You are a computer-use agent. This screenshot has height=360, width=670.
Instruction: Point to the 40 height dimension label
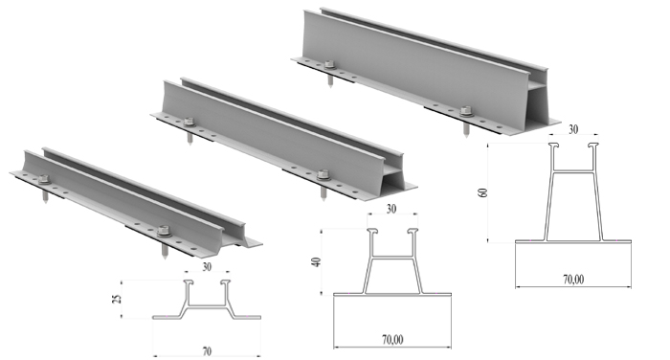[x=316, y=261]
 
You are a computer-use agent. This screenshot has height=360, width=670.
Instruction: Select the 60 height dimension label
[x=482, y=192]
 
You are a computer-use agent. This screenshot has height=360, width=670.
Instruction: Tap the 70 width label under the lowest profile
[x=207, y=351]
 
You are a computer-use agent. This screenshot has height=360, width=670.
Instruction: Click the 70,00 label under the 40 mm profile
[x=392, y=340]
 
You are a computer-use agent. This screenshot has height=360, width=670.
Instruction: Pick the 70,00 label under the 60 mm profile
[x=573, y=280]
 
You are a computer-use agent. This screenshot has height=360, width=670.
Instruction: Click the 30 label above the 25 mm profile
[x=207, y=267]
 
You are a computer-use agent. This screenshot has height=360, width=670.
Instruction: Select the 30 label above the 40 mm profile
[x=391, y=209]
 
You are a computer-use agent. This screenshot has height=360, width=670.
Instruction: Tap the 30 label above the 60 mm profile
[x=573, y=129]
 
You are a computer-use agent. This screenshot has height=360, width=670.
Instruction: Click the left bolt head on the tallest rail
[x=329, y=65]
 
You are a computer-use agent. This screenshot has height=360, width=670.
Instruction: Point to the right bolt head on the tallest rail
[x=466, y=111]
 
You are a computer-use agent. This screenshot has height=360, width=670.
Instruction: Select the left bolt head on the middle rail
[x=189, y=123]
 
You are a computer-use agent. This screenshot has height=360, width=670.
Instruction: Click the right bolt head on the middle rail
[x=324, y=174]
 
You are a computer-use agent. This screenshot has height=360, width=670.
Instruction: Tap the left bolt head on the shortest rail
[x=44, y=180]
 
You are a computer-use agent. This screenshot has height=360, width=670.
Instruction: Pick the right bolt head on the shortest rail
[x=164, y=231]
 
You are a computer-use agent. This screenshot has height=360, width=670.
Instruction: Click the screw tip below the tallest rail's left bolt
[x=331, y=87]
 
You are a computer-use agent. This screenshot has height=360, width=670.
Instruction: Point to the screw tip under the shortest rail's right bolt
[x=165, y=259]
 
